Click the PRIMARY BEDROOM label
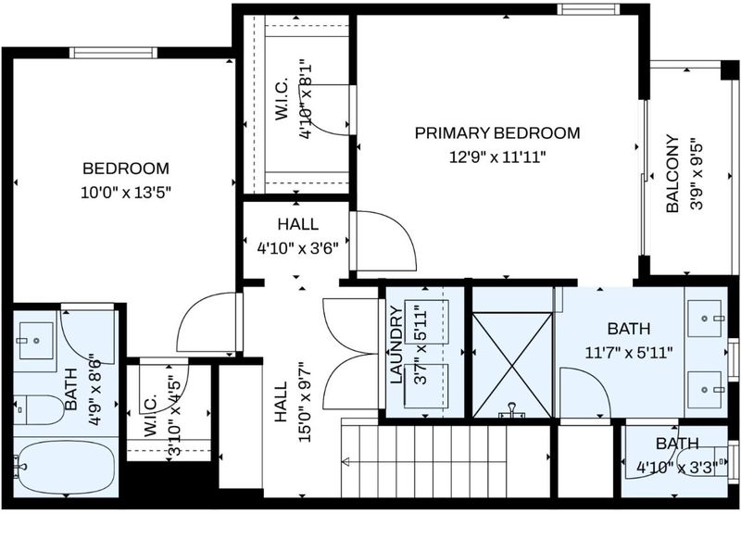coord(497,132)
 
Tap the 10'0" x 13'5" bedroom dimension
coord(125,193)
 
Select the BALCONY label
coord(672,174)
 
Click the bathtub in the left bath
coord(65,468)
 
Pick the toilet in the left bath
coord(39,409)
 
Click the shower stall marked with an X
coord(512,365)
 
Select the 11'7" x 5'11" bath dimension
coord(629,353)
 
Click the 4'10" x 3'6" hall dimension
coord(297,247)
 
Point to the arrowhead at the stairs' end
coord(345,461)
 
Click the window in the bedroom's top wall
coord(113,53)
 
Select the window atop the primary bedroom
coord(588,9)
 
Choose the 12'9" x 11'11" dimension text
coord(497,157)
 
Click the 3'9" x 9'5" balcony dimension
coord(697,174)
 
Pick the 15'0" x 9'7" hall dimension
coord(306,402)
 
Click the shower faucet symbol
coord(512,410)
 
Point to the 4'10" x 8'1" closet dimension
coord(306,98)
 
